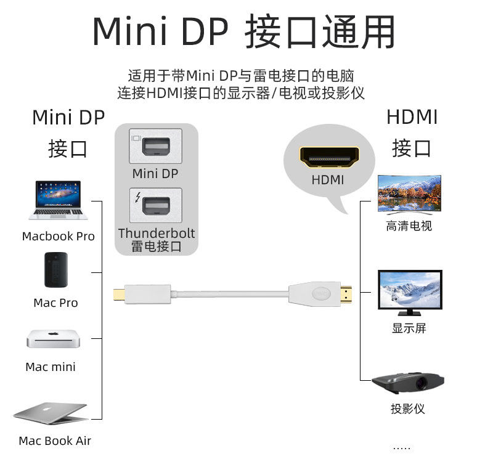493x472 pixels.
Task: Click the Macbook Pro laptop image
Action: [58, 200]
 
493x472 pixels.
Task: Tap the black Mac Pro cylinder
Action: [56, 270]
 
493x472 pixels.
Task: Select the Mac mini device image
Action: [53, 339]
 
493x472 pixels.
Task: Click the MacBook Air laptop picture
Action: [51, 413]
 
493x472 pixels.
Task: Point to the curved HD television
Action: [409, 194]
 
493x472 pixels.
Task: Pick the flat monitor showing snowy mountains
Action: [410, 293]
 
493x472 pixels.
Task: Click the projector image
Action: [408, 383]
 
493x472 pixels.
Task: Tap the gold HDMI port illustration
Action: [329, 157]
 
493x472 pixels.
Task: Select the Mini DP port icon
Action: [156, 146]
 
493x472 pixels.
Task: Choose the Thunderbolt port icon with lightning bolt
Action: [156, 205]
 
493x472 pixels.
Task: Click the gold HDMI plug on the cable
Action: [346, 295]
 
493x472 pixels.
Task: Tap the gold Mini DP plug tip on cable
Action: [119, 295]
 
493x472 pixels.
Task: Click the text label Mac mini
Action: [51, 367]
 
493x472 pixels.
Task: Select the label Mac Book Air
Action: [55, 441]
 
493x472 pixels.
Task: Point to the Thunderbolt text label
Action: [157, 234]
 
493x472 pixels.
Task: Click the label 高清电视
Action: [409, 226]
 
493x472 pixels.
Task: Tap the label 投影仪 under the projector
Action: [408, 409]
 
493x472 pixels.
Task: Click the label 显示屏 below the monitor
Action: [409, 328]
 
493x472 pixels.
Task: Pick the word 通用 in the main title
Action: [359, 32]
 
